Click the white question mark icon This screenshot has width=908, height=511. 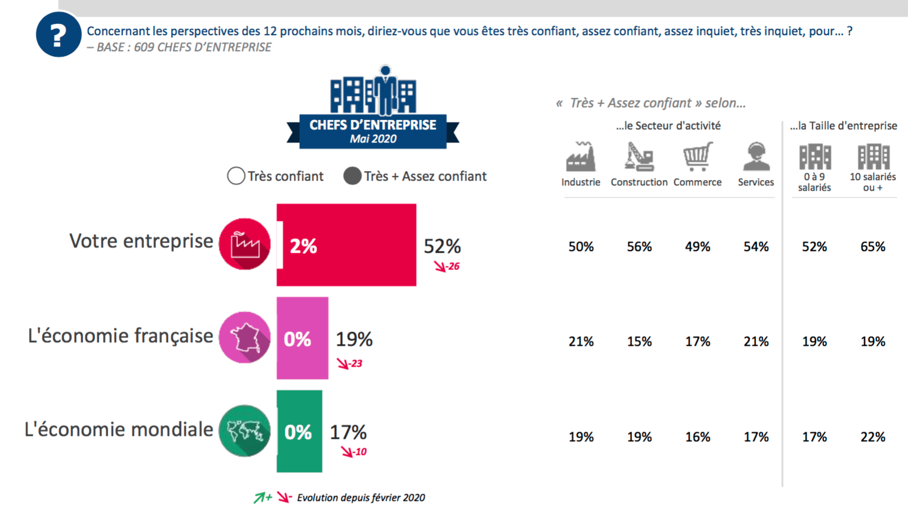pyautogui.click(x=58, y=36)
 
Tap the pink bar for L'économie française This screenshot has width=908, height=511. pyautogui.click(x=302, y=338)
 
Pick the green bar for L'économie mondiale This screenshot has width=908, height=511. pyautogui.click(x=299, y=431)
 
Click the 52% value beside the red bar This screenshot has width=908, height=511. pyautogui.click(x=442, y=246)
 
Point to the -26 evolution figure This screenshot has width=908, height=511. pyautogui.click(x=453, y=267)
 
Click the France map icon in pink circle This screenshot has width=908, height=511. pyautogui.click(x=244, y=337)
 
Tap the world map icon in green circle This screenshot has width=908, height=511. pyautogui.click(x=244, y=431)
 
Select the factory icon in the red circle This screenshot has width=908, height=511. pyautogui.click(x=244, y=244)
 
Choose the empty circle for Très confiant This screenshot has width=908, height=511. pyautogui.click(x=236, y=176)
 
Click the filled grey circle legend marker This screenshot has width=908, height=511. pyautogui.click(x=352, y=176)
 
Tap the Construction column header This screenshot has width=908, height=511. pyautogui.click(x=639, y=182)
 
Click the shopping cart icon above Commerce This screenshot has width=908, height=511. pyautogui.click(x=698, y=157)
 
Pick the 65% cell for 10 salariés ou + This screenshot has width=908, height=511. pyautogui.click(x=872, y=247)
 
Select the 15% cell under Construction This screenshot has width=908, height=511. pyautogui.click(x=639, y=342)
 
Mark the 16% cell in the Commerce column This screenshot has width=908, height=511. pyautogui.click(x=698, y=437)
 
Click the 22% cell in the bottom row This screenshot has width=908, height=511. pyautogui.click(x=872, y=437)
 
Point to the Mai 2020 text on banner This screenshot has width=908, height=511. pyautogui.click(x=373, y=139)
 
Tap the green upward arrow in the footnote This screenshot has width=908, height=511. pyautogui.click(x=260, y=497)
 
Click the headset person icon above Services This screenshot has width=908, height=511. pyautogui.click(x=756, y=157)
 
